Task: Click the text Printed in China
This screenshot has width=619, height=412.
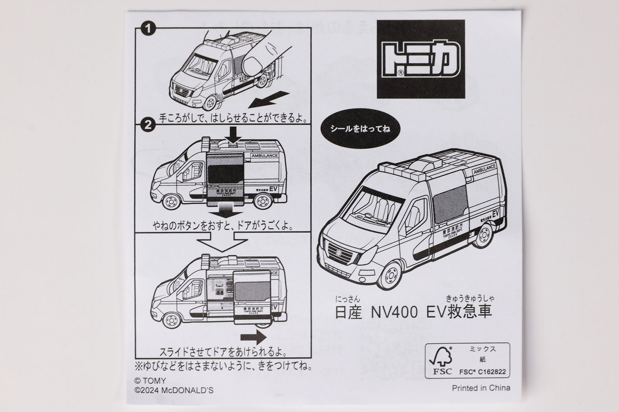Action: tap(481, 388)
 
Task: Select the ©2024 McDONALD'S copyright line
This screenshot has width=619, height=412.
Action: tap(174, 390)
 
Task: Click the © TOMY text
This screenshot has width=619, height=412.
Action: tap(150, 381)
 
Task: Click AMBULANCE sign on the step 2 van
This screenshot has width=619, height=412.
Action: tap(264, 156)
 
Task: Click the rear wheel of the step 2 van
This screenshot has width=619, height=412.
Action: tap(265, 202)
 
